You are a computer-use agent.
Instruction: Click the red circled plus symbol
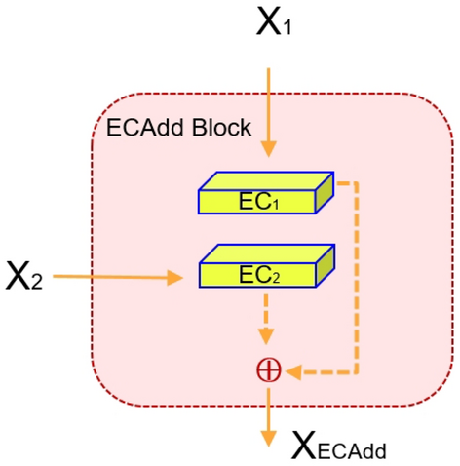point(267,370)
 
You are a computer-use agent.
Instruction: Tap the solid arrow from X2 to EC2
point(117,278)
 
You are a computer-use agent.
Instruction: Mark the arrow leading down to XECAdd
point(267,414)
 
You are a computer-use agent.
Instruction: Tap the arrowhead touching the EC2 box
point(176,279)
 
